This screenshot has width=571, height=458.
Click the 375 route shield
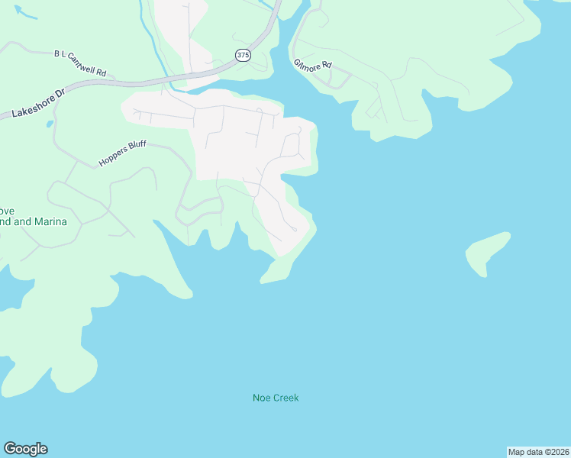pos(243,55)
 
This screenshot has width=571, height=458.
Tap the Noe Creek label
pos(276,398)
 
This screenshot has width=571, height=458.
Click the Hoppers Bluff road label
pos(122,153)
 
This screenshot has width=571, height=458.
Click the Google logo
pos(25,449)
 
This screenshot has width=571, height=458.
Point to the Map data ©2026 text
pos(537,451)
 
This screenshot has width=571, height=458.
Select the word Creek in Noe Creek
pos(285,398)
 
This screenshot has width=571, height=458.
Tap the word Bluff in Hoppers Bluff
pos(137,147)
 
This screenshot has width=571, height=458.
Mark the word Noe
pos(261,398)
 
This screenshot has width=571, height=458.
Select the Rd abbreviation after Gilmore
pos(327,66)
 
